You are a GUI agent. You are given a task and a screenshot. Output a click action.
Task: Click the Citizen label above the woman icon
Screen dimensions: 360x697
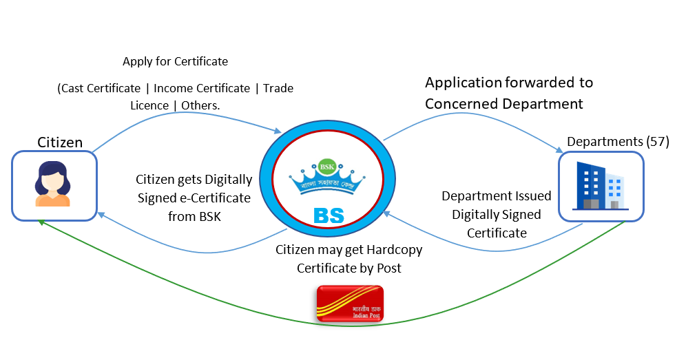point(60,143)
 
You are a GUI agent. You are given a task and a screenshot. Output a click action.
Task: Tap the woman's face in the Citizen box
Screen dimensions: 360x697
point(53,180)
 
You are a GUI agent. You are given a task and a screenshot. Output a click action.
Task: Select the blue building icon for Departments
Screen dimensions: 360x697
point(599,186)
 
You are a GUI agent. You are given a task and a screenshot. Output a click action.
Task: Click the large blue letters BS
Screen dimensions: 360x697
point(328,215)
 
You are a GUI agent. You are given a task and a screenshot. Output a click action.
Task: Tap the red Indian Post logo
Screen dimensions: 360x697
point(349,304)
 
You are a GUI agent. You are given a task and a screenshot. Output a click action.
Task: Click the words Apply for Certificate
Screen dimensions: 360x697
point(175,61)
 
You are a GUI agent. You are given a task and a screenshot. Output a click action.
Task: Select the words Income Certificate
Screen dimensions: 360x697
point(201,88)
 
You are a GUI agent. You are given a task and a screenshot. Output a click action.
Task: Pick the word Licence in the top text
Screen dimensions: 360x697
point(149,105)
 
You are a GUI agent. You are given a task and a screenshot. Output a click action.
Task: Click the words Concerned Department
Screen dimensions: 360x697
point(504,104)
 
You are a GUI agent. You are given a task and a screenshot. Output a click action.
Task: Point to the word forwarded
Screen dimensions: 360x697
point(540,83)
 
